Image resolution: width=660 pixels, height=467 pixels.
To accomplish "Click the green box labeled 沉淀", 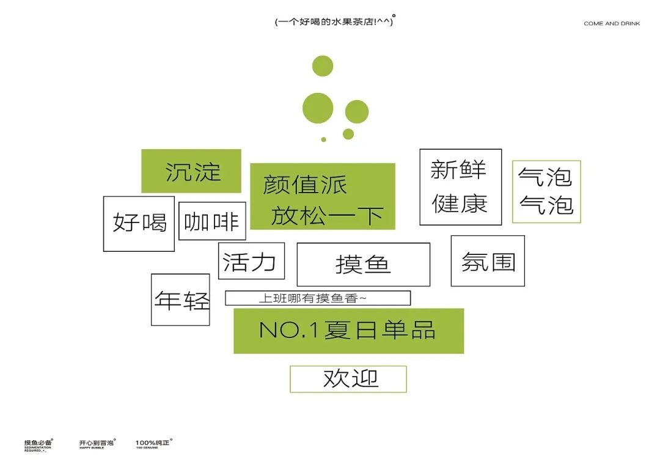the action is tap(191, 171).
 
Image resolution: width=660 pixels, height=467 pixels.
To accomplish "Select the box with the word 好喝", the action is tap(139, 223).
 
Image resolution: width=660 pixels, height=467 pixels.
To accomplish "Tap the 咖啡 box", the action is tap(212, 221).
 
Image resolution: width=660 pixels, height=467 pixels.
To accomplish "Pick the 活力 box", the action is tap(251, 261).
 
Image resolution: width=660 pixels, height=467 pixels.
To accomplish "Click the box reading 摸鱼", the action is tap(363, 264).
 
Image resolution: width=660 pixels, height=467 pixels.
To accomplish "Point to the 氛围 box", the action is tap(488, 261).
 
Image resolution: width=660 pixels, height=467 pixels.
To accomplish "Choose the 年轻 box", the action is tap(181, 300).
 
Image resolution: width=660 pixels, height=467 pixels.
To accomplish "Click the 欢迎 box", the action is tap(348, 379).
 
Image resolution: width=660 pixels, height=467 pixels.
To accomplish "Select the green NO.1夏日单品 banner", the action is tap(348, 331).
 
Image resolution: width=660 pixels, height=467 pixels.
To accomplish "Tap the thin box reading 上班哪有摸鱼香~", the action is tap(317, 298).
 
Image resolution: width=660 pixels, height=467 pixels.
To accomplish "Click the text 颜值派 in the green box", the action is tap(305, 185).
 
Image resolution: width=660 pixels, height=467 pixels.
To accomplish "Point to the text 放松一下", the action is tap(327, 215).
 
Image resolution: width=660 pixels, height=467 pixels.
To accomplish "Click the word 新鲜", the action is tap(458, 169).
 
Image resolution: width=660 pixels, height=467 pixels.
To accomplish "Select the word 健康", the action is tap(460, 203).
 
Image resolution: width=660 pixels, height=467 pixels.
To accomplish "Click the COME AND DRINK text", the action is tap(612, 24).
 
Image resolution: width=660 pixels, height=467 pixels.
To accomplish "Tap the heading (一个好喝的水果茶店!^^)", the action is tap(334, 22).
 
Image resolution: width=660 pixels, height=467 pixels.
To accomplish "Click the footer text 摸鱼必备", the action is tap(38, 442).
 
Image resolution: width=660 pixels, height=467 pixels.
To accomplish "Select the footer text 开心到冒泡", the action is tap(97, 442).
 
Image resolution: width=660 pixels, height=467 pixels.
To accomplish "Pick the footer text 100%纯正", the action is tap(153, 442).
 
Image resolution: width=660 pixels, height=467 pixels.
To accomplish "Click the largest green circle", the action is tap(318, 108).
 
